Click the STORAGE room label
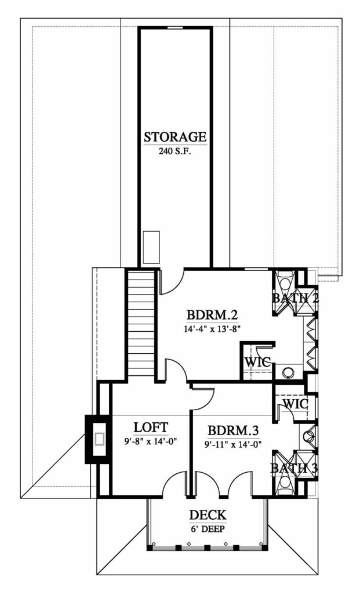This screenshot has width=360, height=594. [x=175, y=136]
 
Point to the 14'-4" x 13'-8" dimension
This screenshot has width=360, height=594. [x=213, y=329]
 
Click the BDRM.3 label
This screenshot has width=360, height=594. [x=233, y=430]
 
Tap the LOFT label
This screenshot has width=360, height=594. [x=151, y=427]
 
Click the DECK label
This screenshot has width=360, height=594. [x=208, y=515]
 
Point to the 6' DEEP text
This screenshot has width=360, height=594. [x=208, y=529]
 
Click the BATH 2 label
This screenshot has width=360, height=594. [x=296, y=298]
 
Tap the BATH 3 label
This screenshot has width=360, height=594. [x=294, y=468]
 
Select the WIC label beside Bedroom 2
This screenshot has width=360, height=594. [x=258, y=362]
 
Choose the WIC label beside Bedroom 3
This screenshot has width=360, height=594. [x=296, y=404]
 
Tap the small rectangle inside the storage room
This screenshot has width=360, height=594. [x=151, y=247]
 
